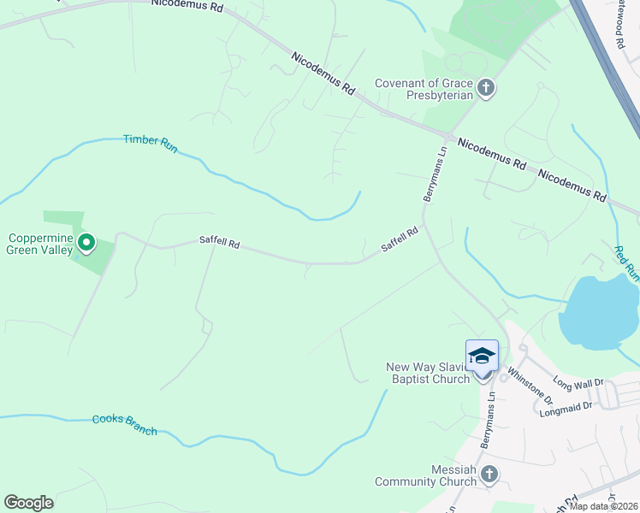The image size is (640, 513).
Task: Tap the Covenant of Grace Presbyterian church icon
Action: point(485,88)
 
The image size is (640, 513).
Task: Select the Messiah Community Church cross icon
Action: point(489,474)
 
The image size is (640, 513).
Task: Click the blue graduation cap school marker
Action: point(482,356)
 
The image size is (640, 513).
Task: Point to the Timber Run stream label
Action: point(150,144)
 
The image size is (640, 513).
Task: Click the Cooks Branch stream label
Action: point(125,424)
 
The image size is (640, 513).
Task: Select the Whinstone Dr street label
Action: point(530,385)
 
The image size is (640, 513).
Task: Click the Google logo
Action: point(28,503)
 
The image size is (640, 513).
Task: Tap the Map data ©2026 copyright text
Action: point(604,506)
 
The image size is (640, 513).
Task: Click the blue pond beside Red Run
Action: point(599,312)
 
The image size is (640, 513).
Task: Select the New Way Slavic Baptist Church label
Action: point(428,374)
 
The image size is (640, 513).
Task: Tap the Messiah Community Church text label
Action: point(425,475)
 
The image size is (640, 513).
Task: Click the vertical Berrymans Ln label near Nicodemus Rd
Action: point(435,174)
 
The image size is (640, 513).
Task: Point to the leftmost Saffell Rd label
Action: point(219,244)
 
